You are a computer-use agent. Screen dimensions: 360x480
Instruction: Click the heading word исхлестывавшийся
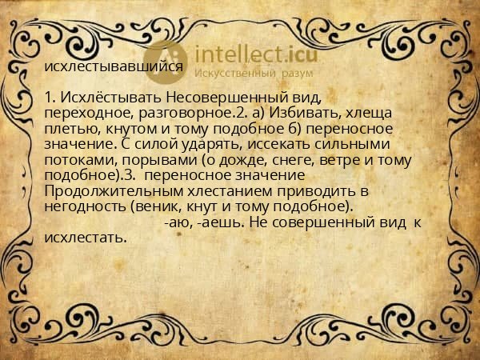pyautogui.click(x=114, y=68)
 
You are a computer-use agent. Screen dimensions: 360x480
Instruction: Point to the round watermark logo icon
pyautogui.click(x=164, y=62)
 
